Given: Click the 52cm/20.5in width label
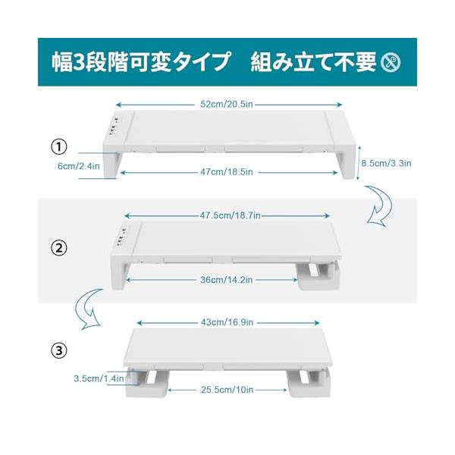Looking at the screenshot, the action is [227, 104].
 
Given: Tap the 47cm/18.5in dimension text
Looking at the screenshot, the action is [227, 172].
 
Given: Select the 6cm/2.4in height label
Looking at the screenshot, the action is [79, 166].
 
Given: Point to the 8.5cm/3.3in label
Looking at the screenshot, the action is [386, 163].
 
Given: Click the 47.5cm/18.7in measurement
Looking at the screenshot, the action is [230, 215].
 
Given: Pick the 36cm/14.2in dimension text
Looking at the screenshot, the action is [227, 280].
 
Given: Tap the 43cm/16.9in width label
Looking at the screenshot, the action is [227, 322].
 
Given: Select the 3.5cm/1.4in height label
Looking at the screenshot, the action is [99, 378].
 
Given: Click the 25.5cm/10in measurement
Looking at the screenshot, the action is [227, 390].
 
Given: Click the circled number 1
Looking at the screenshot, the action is [59, 147].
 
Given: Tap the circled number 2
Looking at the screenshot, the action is [59, 249].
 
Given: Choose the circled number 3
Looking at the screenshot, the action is [59, 350].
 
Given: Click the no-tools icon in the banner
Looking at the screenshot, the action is [391, 62].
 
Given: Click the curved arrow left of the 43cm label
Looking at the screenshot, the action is [88, 309].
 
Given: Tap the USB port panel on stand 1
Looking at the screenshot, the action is [114, 126].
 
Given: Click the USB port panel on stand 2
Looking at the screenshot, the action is [121, 236].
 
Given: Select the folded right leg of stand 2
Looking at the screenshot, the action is [319, 276].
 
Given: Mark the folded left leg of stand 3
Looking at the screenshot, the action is [147, 381].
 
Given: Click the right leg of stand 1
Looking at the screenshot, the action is [347, 163].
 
